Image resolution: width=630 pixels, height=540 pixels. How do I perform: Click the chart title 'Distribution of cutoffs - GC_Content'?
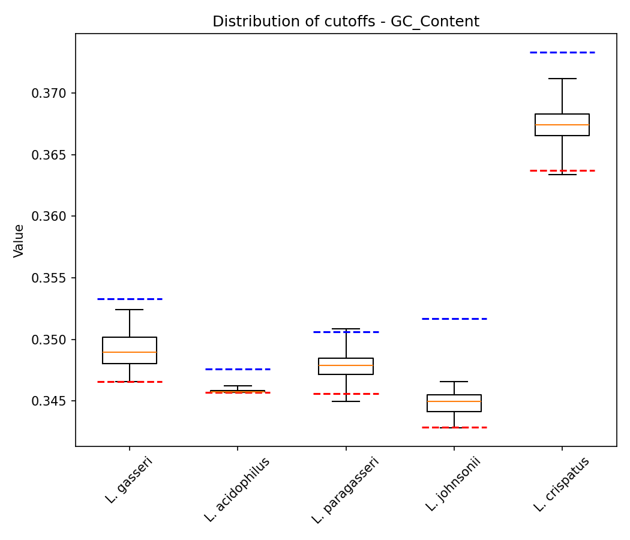(346, 22)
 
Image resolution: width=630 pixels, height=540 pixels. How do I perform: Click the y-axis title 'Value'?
(19, 240)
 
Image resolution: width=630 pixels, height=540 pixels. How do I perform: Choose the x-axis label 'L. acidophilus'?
(238, 489)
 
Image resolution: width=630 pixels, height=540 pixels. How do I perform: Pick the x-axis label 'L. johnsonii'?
(454, 484)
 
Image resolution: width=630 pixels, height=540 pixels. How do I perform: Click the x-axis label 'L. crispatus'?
(562, 484)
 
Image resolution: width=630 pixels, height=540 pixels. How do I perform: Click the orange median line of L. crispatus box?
(562, 125)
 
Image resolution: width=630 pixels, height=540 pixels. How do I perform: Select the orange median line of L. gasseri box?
(130, 352)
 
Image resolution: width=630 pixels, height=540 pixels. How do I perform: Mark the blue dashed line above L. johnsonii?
(454, 319)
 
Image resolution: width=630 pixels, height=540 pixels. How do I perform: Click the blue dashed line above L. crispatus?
(562, 52)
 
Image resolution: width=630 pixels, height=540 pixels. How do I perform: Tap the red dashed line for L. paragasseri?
(346, 394)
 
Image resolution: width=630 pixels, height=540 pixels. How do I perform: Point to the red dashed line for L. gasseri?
(130, 382)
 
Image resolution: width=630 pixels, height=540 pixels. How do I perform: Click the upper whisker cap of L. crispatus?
(562, 79)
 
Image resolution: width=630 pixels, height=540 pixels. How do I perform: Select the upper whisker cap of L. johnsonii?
(454, 382)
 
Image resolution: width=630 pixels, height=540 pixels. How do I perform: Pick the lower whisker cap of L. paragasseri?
(346, 401)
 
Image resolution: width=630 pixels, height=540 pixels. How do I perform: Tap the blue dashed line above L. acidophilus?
(238, 369)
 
